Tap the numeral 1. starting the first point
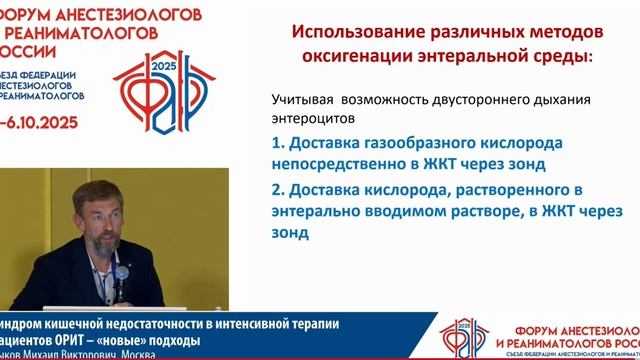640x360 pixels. click(279, 143)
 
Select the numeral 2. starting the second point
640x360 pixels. click(279, 188)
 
